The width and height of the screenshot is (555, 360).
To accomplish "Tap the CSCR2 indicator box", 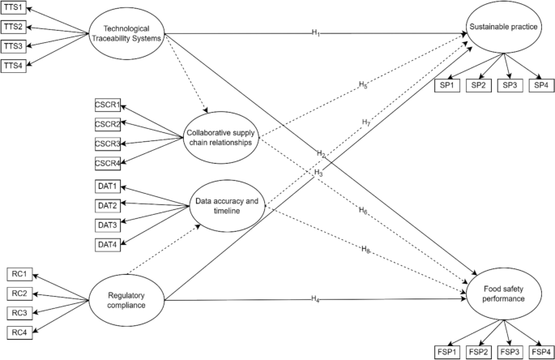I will coord(108,124).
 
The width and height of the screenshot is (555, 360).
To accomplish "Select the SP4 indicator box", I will coord(541,85).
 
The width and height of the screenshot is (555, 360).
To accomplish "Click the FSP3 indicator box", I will coord(510,352).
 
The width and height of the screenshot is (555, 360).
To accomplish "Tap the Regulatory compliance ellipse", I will coord(130,299).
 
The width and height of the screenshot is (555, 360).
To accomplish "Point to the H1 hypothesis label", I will coord(314,32).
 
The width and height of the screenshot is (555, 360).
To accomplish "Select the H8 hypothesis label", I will coord(366,248).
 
